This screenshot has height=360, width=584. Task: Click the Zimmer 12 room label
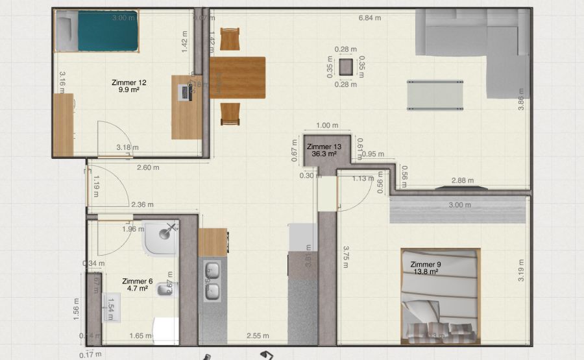click(x=129, y=86)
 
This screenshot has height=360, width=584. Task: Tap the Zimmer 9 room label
click(x=426, y=268)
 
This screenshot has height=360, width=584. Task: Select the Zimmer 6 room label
click(x=138, y=285)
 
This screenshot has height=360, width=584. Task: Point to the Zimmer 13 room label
click(x=323, y=150)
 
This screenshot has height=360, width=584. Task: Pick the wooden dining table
click(x=237, y=77)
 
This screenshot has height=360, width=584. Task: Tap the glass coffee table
click(x=435, y=95)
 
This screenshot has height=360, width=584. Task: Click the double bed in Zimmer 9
click(x=440, y=295)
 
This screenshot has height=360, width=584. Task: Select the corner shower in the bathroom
click(x=160, y=238)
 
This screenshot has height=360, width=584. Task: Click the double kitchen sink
click(x=212, y=282)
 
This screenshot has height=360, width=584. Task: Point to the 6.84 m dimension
click(x=370, y=18)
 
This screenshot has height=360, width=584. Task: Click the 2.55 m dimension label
click(x=258, y=336)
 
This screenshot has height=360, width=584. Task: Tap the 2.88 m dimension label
click(x=462, y=180)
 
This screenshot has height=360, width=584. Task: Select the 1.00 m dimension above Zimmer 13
click(x=327, y=126)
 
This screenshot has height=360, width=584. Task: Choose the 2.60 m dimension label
click(x=148, y=167)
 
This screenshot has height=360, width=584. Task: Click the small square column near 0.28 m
click(x=346, y=66)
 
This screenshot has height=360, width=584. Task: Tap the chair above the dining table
click(x=230, y=39)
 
